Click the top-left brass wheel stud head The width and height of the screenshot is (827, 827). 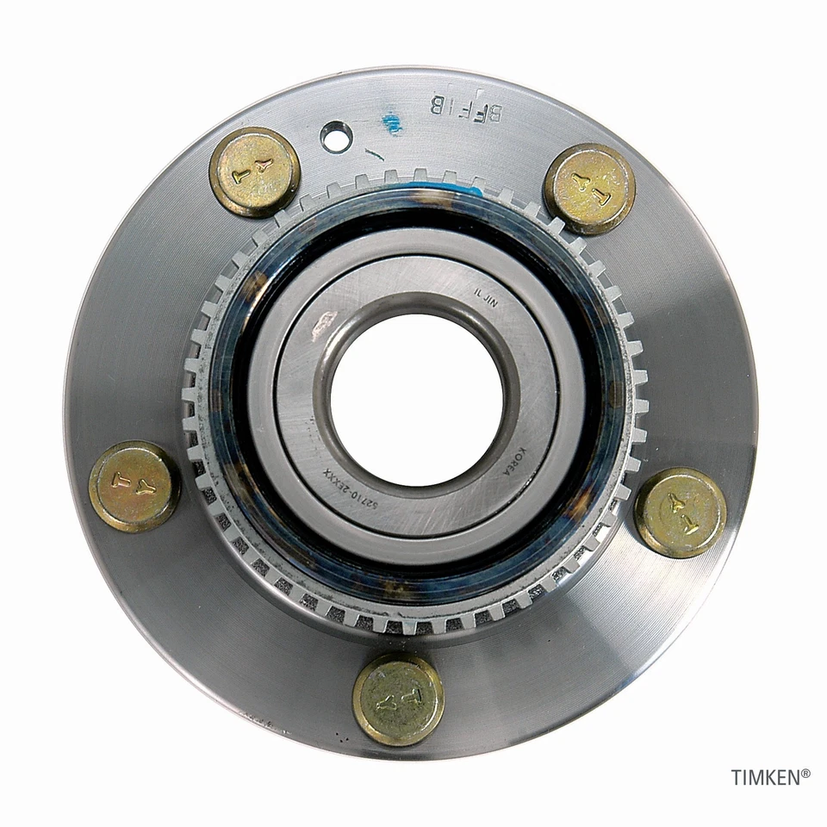point(254,171)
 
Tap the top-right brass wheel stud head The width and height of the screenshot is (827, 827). point(589,189)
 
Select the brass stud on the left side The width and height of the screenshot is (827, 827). point(134,486)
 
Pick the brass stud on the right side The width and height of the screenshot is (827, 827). point(681,513)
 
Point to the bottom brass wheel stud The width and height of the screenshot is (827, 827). point(398,699)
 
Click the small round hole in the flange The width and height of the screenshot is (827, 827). point(337,134)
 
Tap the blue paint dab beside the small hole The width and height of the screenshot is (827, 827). point(392,124)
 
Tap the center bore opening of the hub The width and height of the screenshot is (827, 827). point(416,399)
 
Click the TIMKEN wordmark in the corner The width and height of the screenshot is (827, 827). point(765,777)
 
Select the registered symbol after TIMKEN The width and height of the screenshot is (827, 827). point(805,774)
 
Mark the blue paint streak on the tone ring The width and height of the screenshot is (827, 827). point(469,184)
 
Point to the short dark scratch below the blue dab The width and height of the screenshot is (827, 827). point(376,156)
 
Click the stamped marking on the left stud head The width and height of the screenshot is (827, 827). point(134,487)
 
